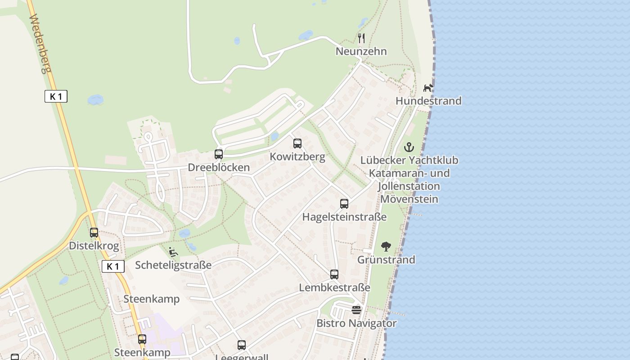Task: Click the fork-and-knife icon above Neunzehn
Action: coord(361,38)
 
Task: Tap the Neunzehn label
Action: coord(361,51)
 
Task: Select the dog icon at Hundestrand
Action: coord(428,87)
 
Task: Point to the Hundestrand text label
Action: coord(428,101)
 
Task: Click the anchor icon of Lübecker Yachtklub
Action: coord(409,147)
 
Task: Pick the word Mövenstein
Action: coord(409,199)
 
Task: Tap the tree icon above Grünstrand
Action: coord(386,246)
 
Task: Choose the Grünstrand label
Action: coord(386,260)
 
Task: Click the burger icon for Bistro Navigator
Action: coord(356,310)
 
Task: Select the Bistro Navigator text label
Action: coord(356,323)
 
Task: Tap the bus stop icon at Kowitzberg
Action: coord(297,144)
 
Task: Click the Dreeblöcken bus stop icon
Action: coord(219,154)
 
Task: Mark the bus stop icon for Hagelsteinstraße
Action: coord(344,203)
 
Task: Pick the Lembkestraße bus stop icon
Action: coord(334,274)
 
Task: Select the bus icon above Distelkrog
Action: coord(94,233)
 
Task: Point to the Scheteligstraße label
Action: coord(173,265)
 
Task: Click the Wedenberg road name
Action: coord(41,44)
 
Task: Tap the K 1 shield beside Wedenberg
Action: coord(56,96)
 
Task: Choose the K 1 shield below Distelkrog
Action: coord(112,266)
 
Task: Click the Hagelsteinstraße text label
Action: coord(344,217)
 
